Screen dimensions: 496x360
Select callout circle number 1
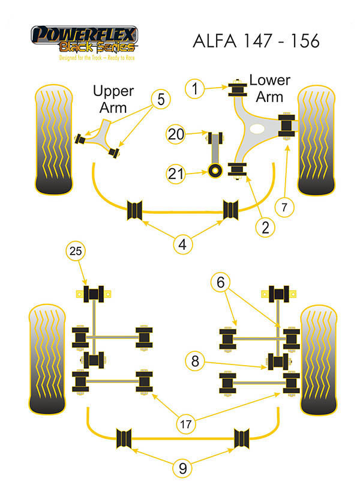pyautogui.click(x=194, y=89)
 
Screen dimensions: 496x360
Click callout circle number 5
pyautogui.click(x=161, y=99)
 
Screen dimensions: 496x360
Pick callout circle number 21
pyautogui.click(x=176, y=174)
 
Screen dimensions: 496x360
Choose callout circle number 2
pyautogui.click(x=264, y=227)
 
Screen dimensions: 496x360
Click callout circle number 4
pyautogui.click(x=184, y=244)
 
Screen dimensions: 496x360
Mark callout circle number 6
pyautogui.click(x=221, y=281)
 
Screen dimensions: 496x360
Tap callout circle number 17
pyautogui.click(x=188, y=424)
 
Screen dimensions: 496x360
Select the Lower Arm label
pyautogui.click(x=269, y=88)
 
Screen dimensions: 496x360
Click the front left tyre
pyautogui.click(x=55, y=141)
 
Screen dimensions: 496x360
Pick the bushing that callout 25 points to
pyautogui.click(x=94, y=295)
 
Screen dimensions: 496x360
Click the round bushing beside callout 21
pyautogui.click(x=214, y=172)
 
